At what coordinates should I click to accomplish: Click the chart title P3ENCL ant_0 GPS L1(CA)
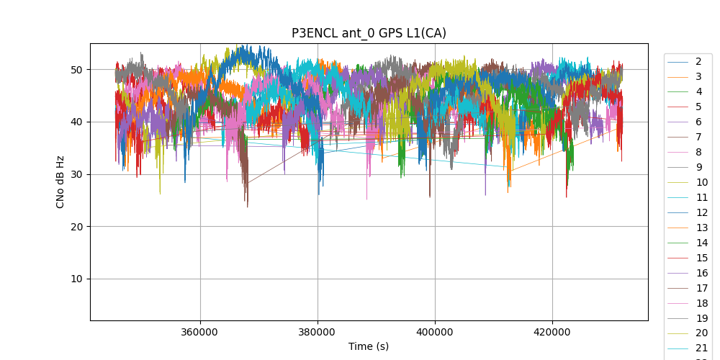point(369,33)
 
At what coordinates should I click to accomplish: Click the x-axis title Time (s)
point(369,346)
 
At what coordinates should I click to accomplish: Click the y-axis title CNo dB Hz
point(60,181)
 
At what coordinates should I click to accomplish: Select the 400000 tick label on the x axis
point(435,332)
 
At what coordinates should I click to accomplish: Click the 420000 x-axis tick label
point(552,332)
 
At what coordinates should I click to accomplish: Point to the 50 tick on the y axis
point(75,70)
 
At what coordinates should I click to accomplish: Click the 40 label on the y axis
point(75,122)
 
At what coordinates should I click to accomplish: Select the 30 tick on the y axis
point(75,174)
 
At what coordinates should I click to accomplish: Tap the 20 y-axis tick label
point(75,227)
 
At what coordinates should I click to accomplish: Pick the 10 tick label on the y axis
point(75,279)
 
